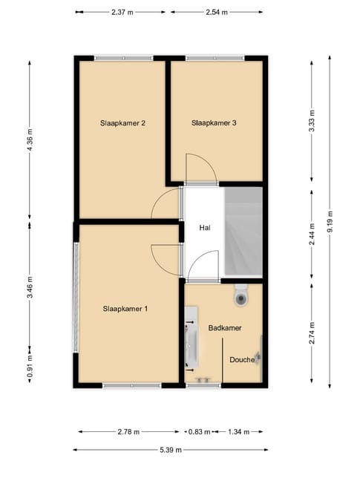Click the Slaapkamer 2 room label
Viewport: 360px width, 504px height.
tap(122, 123)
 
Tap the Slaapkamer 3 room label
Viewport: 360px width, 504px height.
tap(213, 123)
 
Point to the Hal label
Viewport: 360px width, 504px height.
tap(204, 228)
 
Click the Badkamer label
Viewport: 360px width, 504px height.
tap(225, 327)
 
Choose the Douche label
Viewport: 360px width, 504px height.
tap(242, 359)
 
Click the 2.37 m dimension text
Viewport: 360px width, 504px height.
tap(122, 13)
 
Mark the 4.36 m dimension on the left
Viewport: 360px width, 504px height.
tap(30, 140)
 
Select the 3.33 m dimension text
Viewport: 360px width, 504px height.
tap(312, 121)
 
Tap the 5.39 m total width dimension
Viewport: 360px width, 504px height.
tap(170, 450)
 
